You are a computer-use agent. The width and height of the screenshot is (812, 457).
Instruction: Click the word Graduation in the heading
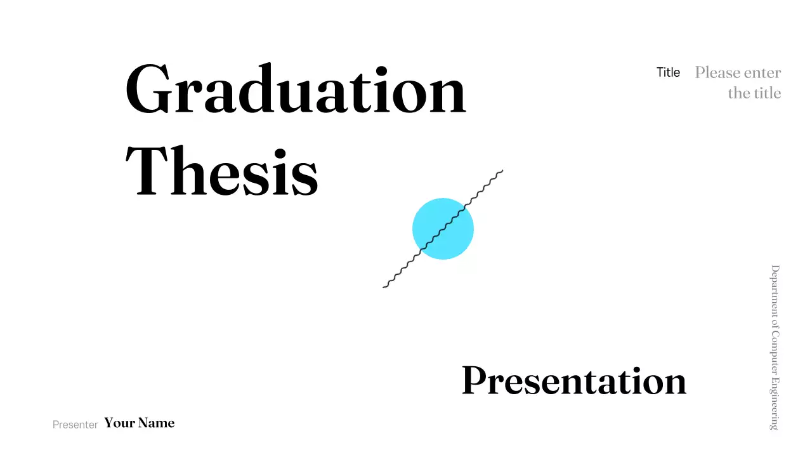click(296, 90)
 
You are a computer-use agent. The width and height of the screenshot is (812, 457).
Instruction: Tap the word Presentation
click(574, 381)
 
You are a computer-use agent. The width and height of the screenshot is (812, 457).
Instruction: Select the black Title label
click(668, 72)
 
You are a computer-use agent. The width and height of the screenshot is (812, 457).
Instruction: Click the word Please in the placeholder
click(717, 72)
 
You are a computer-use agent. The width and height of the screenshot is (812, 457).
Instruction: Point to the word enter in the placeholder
click(762, 72)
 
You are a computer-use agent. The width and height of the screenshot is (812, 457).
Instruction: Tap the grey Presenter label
click(75, 425)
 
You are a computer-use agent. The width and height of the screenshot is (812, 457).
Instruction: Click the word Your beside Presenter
click(119, 423)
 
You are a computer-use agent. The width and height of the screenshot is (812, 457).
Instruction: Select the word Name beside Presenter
click(156, 423)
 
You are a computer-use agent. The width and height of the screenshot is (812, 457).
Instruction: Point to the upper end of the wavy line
click(502, 170)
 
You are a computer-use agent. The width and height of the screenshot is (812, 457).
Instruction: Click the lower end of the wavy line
click(384, 287)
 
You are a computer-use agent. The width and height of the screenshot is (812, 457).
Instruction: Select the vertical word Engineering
click(775, 405)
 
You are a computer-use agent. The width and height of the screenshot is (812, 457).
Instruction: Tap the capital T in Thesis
click(145, 170)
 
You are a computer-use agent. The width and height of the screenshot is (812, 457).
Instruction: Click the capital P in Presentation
click(473, 380)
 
